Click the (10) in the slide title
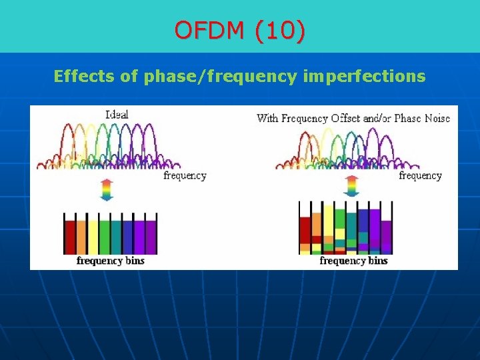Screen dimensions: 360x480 tap(280, 31)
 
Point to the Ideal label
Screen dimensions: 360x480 tap(117, 114)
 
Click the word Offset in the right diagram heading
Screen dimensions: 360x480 tap(342, 118)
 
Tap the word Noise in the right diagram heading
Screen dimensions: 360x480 tap(435, 118)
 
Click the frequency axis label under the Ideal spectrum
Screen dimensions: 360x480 tap(185, 175)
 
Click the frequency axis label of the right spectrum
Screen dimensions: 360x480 tap(420, 175)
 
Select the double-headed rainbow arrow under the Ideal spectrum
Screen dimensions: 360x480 tap(107, 189)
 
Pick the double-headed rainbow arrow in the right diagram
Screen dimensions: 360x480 tap(351, 186)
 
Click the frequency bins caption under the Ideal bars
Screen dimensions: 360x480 tap(110, 261)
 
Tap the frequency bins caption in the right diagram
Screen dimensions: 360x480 tap(353, 261)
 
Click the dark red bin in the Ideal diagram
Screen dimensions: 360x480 tap(69, 237)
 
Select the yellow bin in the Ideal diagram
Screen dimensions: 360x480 tap(93, 237)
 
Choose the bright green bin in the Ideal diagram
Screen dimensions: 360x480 tap(105, 237)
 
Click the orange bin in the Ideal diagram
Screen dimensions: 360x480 tap(81, 237)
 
